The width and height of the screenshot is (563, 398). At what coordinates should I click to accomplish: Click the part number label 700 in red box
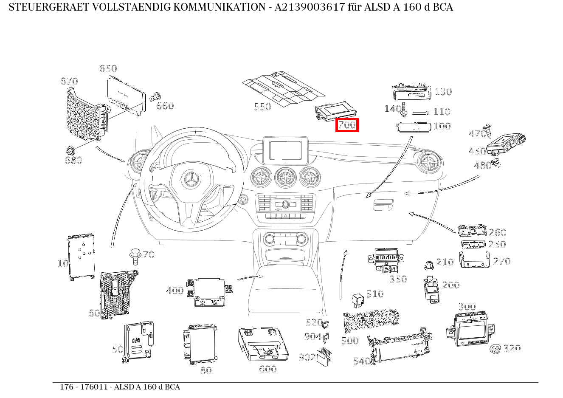coord(347,125)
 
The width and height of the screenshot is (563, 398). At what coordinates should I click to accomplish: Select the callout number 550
coord(262,107)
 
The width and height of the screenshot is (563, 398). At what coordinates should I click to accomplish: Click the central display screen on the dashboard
coord(285,150)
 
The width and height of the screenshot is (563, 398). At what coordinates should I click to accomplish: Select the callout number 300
coord(467,307)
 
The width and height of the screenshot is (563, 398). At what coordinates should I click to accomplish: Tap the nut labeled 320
coord(494,350)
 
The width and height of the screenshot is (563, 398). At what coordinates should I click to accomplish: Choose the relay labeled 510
coord(357,299)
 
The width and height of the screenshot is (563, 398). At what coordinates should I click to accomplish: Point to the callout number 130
coord(443,92)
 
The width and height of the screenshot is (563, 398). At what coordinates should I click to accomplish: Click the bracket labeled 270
coord(475,260)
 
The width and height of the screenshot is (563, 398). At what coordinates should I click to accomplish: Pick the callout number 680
coord(73,160)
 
